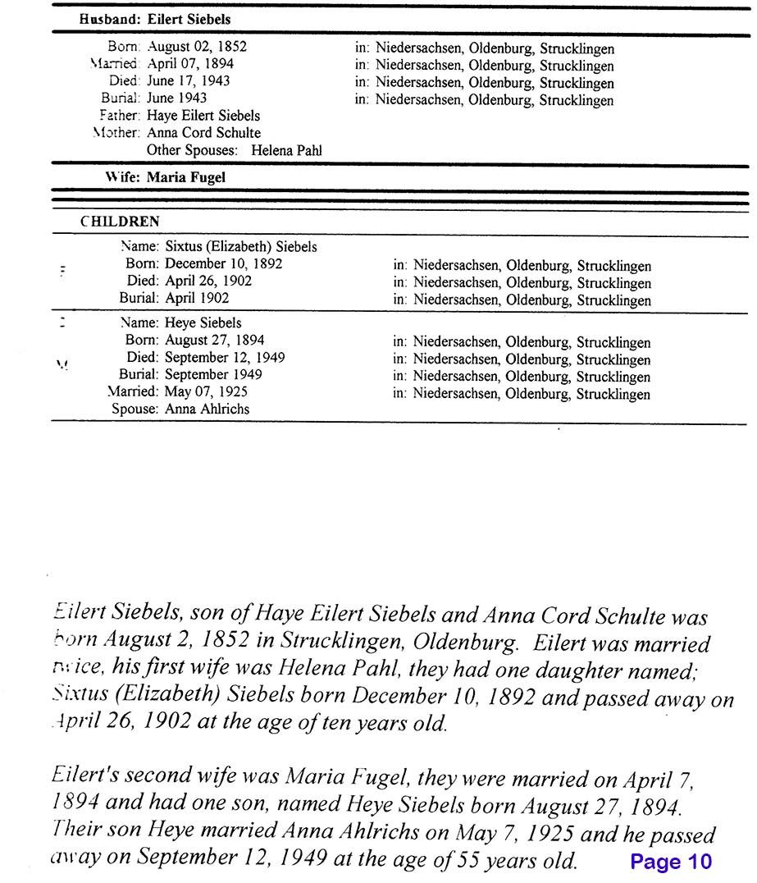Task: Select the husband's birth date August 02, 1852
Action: (197, 47)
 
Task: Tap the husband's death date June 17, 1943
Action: (188, 81)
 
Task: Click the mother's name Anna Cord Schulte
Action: (203, 133)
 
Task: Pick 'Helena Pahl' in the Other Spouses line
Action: (287, 150)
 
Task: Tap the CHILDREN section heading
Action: (120, 222)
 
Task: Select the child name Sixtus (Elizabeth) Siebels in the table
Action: (240, 246)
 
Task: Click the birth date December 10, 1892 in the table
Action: (223, 263)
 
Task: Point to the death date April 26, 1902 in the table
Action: (208, 281)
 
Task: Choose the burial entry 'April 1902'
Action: (197, 298)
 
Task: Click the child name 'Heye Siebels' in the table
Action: (203, 323)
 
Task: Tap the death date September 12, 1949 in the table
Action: (225, 358)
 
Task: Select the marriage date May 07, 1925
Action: (205, 391)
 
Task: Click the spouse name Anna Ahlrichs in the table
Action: (207, 409)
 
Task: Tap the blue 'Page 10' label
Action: (671, 862)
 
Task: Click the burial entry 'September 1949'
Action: (213, 374)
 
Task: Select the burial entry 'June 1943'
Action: (176, 98)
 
